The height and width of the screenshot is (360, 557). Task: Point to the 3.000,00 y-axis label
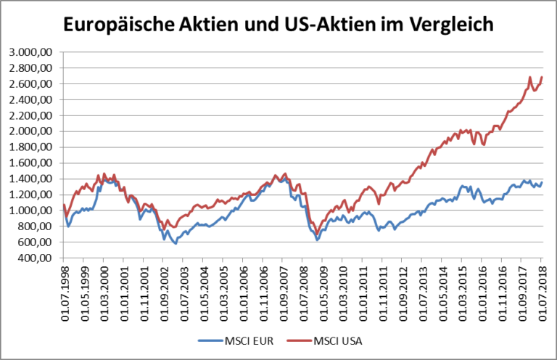point(31,52)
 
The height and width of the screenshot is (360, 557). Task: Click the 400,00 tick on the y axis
point(36,257)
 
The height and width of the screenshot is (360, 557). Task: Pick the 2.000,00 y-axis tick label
point(31,131)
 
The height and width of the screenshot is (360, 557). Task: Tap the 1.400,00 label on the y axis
point(31,179)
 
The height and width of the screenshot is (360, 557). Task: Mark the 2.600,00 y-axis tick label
point(31,84)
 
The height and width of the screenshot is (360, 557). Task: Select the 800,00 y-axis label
point(36,226)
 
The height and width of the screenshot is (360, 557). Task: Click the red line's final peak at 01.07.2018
point(542,78)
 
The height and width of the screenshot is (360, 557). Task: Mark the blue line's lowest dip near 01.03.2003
point(175,242)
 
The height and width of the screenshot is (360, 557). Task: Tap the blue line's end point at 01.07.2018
point(542,182)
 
